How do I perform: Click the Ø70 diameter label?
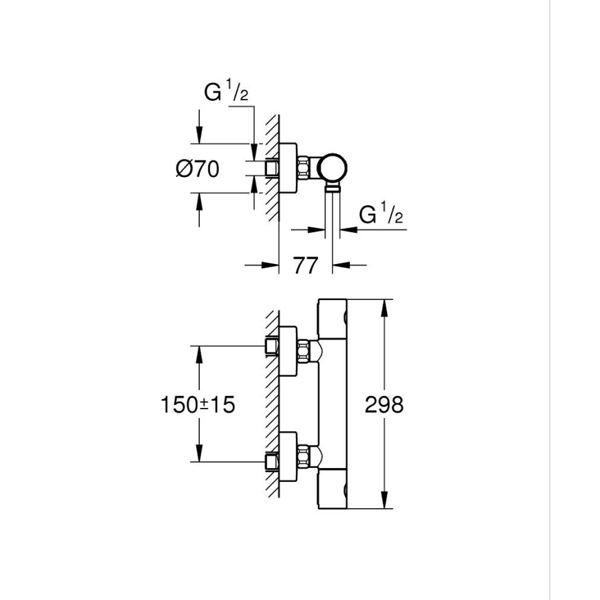197,168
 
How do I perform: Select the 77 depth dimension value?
306,265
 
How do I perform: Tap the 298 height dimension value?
384,404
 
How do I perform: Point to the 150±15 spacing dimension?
198,404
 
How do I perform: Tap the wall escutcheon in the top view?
289,168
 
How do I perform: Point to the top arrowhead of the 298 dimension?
384,306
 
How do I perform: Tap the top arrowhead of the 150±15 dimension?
200,353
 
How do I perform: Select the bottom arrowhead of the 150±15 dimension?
200,456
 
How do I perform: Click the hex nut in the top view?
303,168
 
